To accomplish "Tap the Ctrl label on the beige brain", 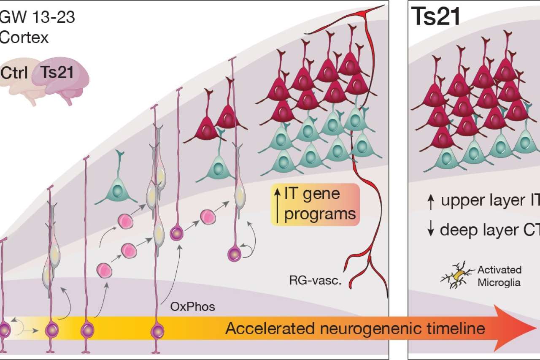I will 14,73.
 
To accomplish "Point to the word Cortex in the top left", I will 24,38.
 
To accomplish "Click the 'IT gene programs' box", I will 315,205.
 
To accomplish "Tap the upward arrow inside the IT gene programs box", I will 277,205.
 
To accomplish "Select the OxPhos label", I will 192,306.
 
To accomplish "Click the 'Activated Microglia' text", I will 499,276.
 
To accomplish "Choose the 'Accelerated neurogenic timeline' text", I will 355,328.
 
